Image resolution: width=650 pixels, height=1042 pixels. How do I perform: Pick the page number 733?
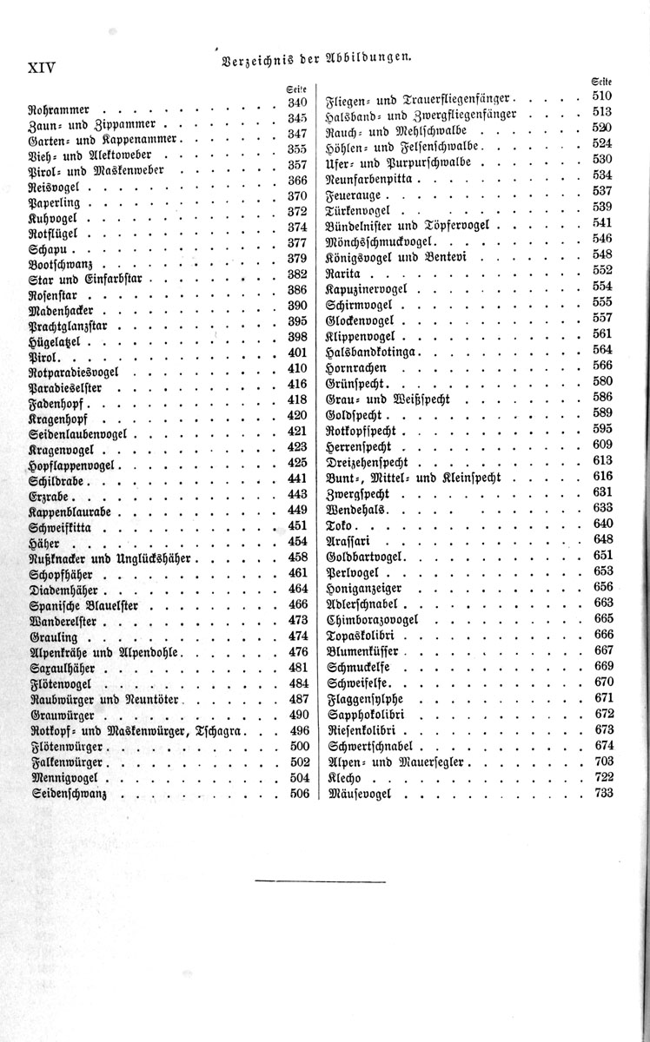pyautogui.click(x=602, y=793)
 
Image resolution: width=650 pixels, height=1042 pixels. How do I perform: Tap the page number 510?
pyautogui.click(x=602, y=96)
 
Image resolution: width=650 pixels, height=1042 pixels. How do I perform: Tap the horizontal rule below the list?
pyautogui.click(x=320, y=881)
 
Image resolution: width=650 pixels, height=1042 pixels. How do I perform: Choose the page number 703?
pyautogui.click(x=602, y=761)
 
